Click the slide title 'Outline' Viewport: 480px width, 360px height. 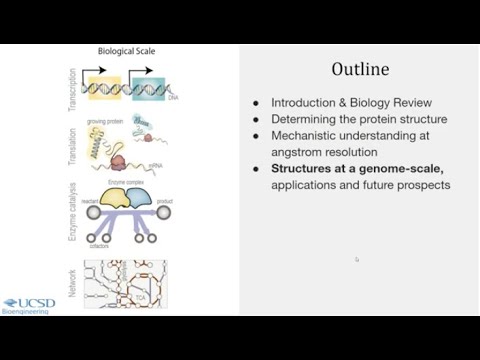pos(360,69)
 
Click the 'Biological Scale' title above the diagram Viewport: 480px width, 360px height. pos(126,51)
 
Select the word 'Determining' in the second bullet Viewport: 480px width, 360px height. pos(302,119)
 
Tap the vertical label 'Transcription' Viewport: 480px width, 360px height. pos(72,87)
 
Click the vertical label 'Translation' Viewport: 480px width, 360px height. pos(72,146)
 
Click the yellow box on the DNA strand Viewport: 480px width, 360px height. pos(105,88)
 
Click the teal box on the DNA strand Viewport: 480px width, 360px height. pos(148,88)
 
